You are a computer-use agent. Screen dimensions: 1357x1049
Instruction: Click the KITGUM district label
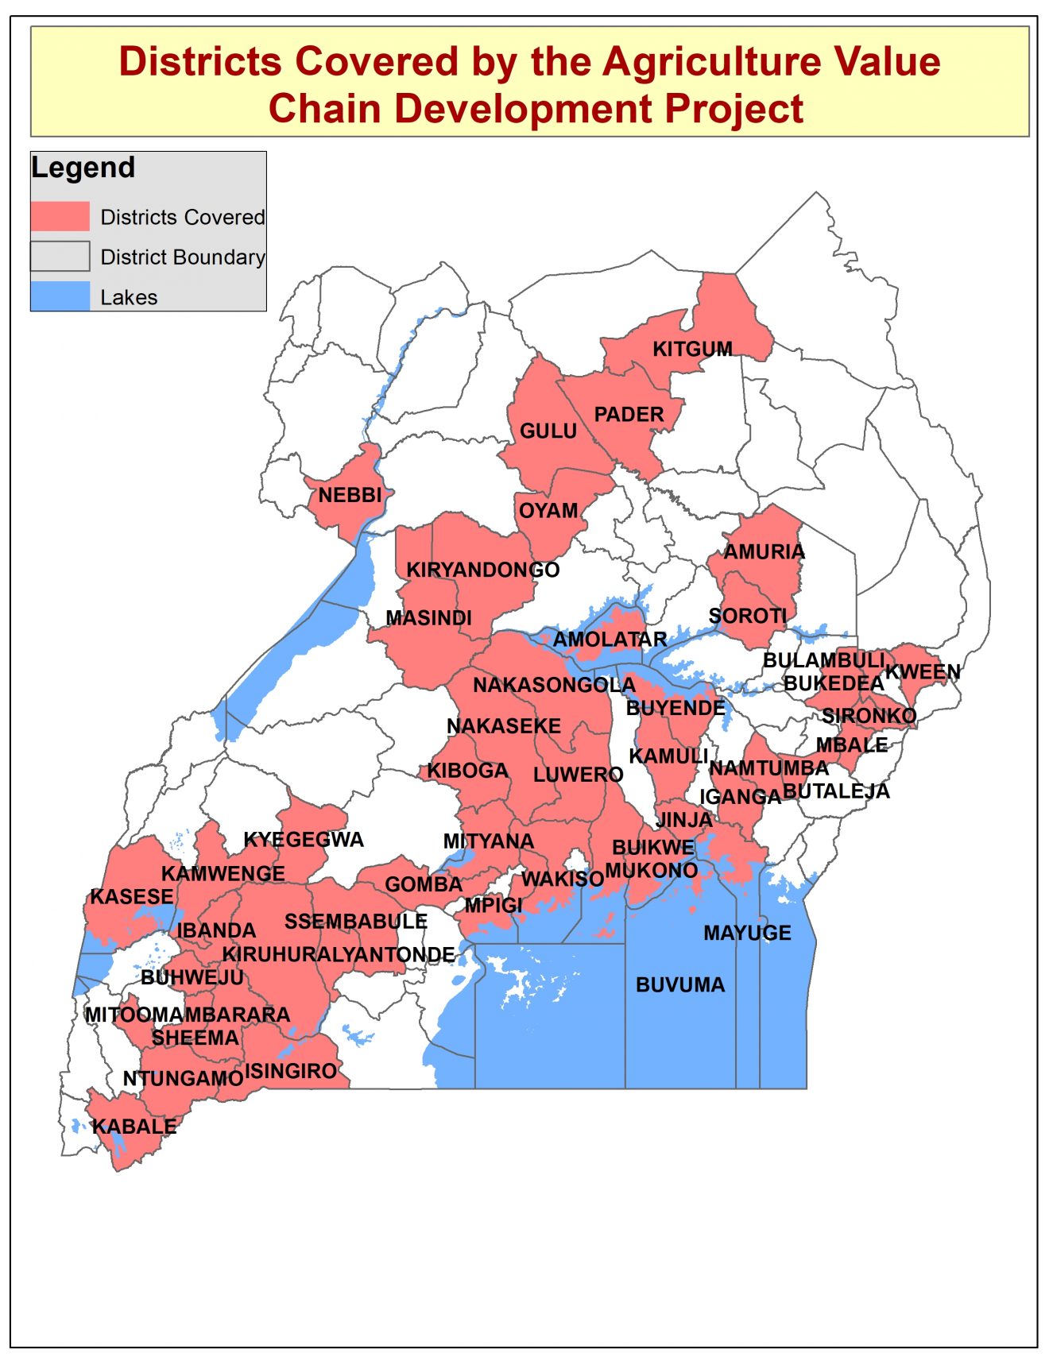pos(692,349)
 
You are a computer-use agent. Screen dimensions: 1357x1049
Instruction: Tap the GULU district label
pos(548,431)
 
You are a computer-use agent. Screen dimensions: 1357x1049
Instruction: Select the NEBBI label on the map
pos(350,495)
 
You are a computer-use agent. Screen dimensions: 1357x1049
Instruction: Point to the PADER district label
pos(629,414)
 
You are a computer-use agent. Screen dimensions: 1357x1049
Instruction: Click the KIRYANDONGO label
pos(483,570)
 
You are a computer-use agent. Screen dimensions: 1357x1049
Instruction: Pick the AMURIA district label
pos(764,551)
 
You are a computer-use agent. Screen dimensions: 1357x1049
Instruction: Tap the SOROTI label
pos(747,616)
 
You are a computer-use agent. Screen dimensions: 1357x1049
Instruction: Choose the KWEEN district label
pos(923,671)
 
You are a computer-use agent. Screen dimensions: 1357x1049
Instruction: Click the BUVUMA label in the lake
pos(680,985)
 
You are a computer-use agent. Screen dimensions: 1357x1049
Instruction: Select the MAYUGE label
pos(747,933)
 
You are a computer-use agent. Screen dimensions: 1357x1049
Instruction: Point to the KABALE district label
pos(134,1127)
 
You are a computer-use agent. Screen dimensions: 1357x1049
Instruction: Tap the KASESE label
pos(132,896)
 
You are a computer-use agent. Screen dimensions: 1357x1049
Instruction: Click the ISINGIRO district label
pos(291,1071)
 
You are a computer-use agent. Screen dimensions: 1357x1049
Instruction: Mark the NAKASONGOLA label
pos(554,685)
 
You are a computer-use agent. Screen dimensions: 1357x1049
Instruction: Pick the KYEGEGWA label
pos(304,840)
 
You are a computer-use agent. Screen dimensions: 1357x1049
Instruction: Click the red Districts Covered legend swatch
pos(60,216)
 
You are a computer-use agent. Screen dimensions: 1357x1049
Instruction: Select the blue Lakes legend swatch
pos(60,296)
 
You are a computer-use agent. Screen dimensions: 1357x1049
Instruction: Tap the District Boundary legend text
pos(183,257)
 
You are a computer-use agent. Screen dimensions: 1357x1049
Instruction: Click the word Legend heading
pos(83,168)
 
